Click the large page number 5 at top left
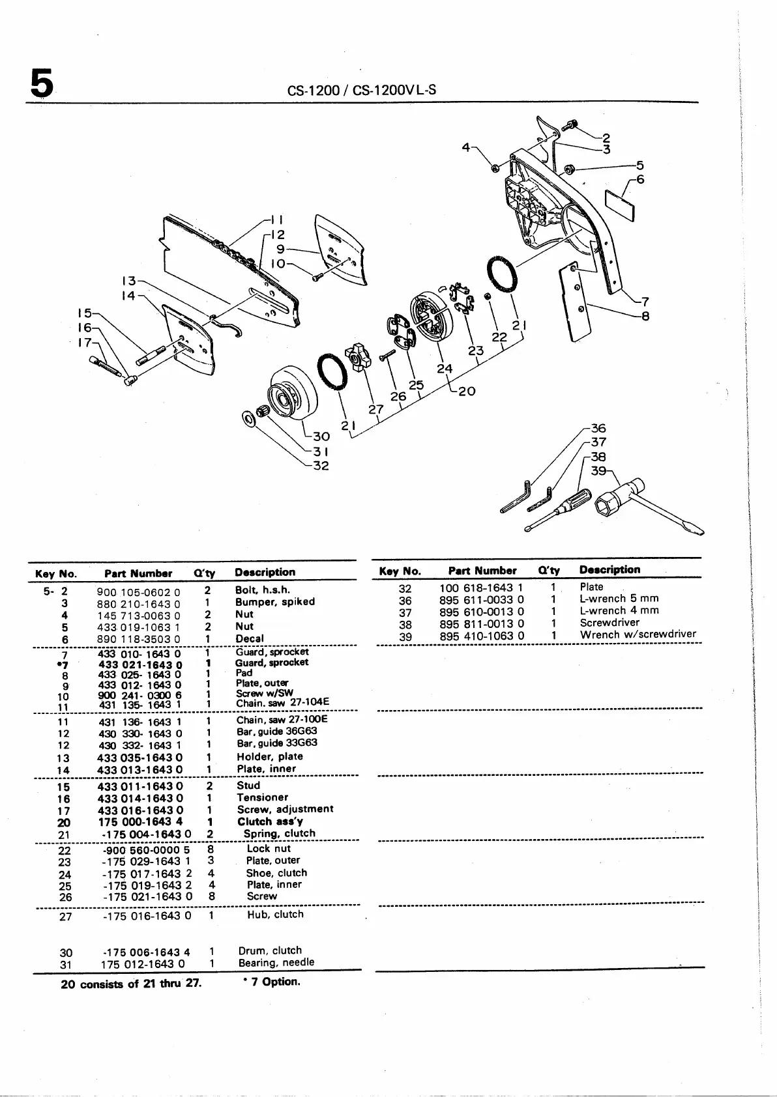[x=41, y=84]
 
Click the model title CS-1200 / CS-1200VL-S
[x=361, y=90]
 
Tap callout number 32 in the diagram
[x=321, y=465]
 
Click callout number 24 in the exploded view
[x=445, y=369]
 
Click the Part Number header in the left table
[x=138, y=573]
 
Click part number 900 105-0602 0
[x=138, y=592]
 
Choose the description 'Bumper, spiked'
[x=274, y=602]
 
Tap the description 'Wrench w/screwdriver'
[x=638, y=634]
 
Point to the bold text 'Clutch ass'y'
[x=270, y=821]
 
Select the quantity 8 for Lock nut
[x=209, y=849]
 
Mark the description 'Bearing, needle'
[x=276, y=962]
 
